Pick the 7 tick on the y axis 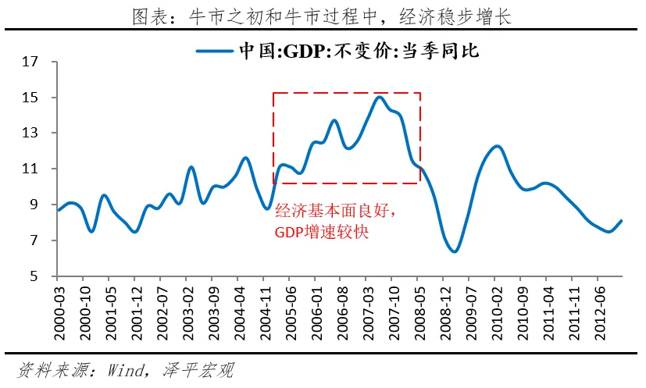pyautogui.click(x=34, y=240)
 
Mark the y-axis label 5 pyautogui.click(x=34, y=276)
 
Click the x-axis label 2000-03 pyautogui.click(x=57, y=306)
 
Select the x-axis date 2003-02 pyautogui.click(x=186, y=306)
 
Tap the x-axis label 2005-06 pyautogui.click(x=289, y=306)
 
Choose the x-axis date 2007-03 pyautogui.click(x=366, y=306)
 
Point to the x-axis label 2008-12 pyautogui.click(x=443, y=306)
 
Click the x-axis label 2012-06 pyautogui.click(x=598, y=306)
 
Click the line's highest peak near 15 pyautogui.click(x=380, y=97)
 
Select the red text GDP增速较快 pyautogui.click(x=321, y=232)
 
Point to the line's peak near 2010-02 pyautogui.click(x=497, y=146)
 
